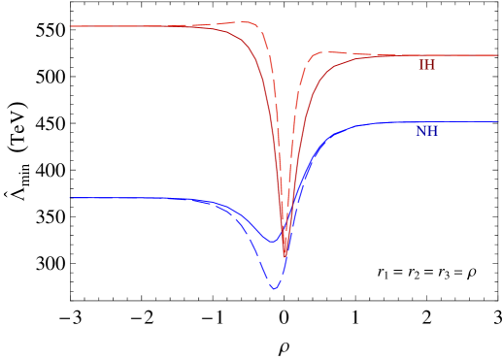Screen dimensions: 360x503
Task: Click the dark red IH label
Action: tap(426, 65)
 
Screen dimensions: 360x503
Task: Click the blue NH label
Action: tap(426, 131)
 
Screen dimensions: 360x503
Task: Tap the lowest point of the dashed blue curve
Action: tap(274, 288)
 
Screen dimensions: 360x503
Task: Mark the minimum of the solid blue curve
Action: tap(273, 241)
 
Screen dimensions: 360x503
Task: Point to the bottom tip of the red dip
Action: tap(285, 258)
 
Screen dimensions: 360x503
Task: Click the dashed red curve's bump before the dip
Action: tap(245, 21)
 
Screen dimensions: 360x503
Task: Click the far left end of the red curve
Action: tap(71, 26)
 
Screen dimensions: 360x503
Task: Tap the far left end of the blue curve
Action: tap(72, 198)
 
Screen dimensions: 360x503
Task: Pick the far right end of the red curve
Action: tap(496, 55)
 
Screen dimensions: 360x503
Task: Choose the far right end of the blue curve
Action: tap(496, 122)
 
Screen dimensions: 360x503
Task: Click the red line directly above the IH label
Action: tap(426, 55)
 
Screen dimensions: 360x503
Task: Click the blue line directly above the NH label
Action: tap(426, 122)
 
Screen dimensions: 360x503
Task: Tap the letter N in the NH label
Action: tap(420, 131)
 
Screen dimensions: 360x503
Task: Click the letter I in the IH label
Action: tap(420, 65)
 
